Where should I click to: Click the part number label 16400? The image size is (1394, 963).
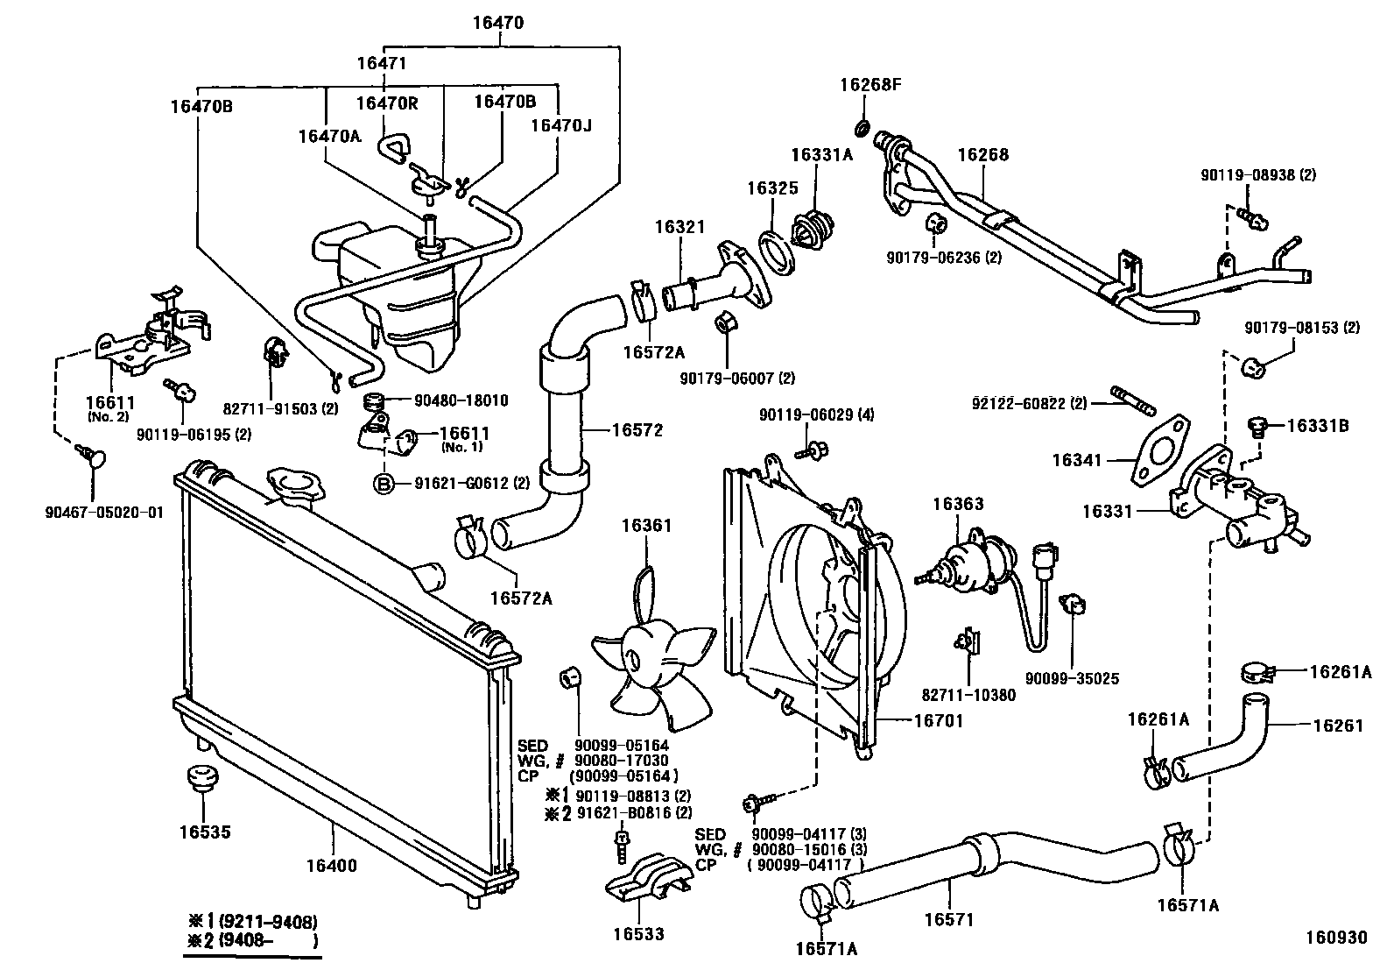coord(331,866)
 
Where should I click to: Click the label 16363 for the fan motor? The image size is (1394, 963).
coord(957,504)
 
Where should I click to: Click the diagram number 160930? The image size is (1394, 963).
coord(1335,938)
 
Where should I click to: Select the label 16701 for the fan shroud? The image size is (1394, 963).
coord(938,721)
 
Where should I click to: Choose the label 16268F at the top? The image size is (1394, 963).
coord(869,85)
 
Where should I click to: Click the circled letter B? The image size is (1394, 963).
coord(383,483)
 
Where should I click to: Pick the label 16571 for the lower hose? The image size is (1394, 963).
coord(949,919)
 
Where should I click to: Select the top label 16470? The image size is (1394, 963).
coord(497,24)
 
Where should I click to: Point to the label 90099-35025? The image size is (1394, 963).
coord(1073,678)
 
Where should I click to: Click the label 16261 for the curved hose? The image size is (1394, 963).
coord(1338,725)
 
